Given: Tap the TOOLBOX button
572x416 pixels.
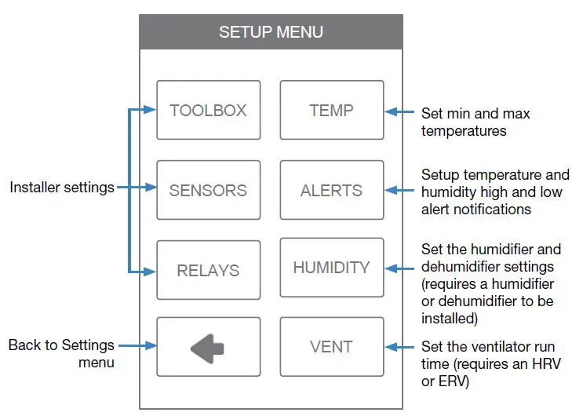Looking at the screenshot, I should (x=208, y=111).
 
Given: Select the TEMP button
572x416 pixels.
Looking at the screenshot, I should (x=331, y=111).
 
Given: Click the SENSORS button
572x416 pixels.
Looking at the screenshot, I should (x=208, y=190).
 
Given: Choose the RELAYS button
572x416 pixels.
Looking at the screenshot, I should (x=208, y=270).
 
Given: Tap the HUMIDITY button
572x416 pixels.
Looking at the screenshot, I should (x=331, y=268).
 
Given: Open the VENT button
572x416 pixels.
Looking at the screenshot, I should (x=331, y=347).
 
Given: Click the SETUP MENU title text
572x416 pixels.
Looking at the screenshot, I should (x=271, y=32).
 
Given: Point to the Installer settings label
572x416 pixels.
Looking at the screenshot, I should (x=62, y=188).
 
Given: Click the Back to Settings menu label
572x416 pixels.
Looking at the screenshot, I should (x=62, y=353).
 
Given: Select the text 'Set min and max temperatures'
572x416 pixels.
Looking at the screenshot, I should (x=475, y=122).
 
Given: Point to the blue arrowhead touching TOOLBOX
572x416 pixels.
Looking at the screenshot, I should (x=150, y=110).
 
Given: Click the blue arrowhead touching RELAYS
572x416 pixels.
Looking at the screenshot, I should (x=150, y=271).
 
